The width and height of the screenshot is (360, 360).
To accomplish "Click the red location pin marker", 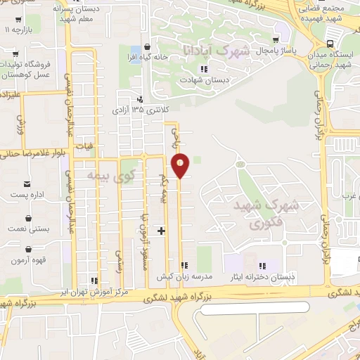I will pos(181,165).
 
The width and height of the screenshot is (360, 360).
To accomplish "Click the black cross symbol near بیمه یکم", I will pos(162,230).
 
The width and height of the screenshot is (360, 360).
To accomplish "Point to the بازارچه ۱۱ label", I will pos(18,31).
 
